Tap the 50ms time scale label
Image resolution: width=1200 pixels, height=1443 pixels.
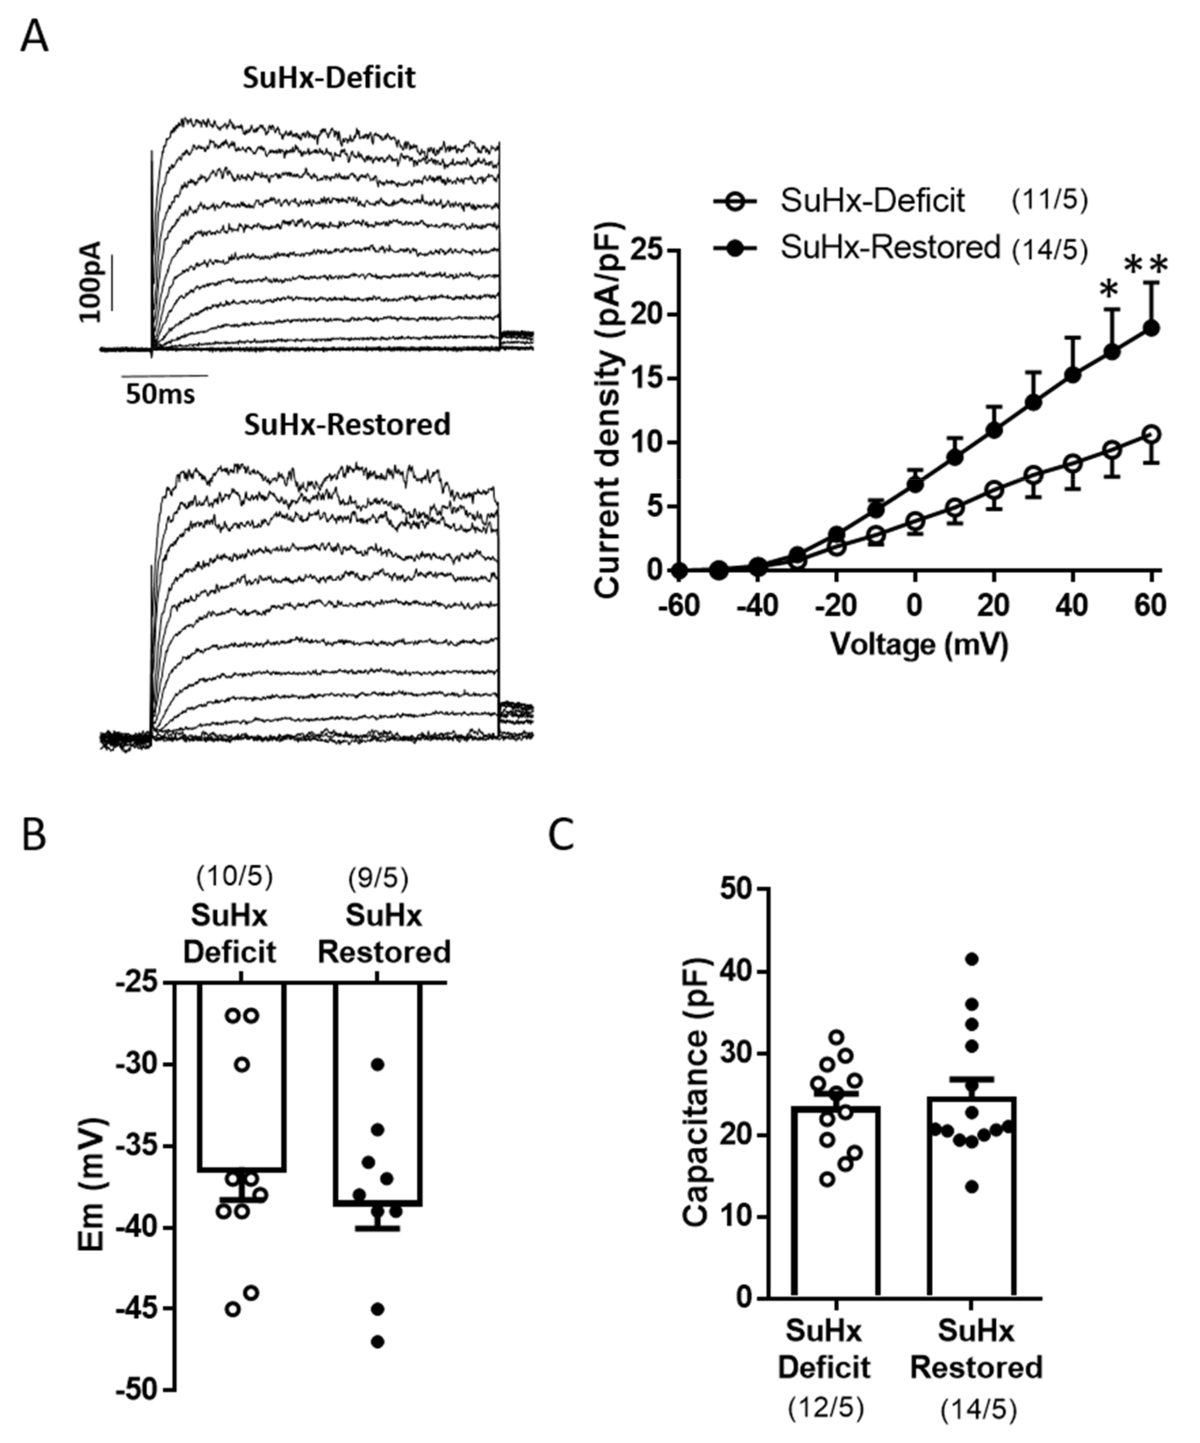coord(160,394)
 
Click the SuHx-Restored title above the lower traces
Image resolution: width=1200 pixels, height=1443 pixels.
coord(347,424)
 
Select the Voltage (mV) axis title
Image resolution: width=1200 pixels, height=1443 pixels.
coord(919,645)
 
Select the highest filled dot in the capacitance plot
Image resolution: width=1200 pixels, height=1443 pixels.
coord(971,958)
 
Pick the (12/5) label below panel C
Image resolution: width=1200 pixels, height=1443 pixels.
coord(825,1409)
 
